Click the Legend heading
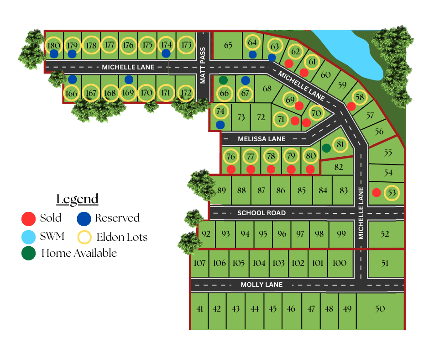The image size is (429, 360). point(77,199)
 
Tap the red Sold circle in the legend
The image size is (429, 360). point(28,218)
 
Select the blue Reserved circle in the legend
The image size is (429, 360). point(84,218)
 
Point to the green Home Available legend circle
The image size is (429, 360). point(28,253)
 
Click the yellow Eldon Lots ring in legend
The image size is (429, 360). point(84,237)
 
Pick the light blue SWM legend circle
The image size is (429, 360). point(28,236)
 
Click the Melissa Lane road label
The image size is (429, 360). point(262,139)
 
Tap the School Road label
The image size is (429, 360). point(262,213)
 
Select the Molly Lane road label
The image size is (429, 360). point(262,285)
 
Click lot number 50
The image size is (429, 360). point(380,309)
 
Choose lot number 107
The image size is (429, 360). point(199,263)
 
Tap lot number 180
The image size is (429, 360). point(53,45)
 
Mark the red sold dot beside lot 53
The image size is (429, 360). point(376,192)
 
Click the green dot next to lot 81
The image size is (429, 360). point(326,148)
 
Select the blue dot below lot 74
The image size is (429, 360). point(220,124)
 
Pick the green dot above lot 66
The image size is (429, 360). point(223,80)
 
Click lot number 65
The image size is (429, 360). point(228,45)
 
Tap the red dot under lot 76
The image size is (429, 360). point(231,169)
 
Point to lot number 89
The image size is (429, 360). point(222,190)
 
